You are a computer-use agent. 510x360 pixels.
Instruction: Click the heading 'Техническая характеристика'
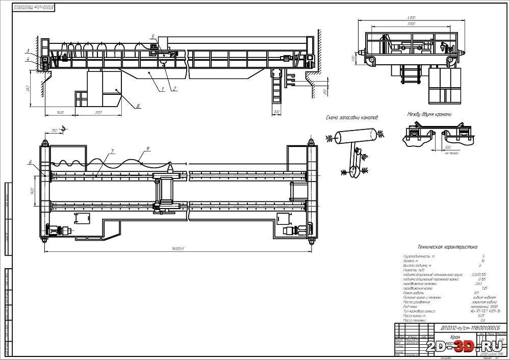coord(447,246)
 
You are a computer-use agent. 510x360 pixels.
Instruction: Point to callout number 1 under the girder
coord(162,89)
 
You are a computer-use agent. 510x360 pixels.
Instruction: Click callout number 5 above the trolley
coord(152,37)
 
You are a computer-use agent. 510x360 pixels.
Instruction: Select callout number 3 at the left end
coord(30,51)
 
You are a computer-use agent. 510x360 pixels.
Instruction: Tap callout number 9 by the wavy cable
coord(148,149)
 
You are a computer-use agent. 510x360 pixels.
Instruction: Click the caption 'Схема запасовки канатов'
coord(352,118)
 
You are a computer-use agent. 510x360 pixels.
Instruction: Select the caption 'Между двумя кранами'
coord(429,115)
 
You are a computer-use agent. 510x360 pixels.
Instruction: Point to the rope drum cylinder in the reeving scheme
coord(358,136)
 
